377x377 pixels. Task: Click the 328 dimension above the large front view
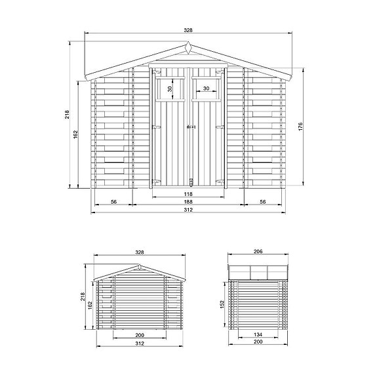[188, 31]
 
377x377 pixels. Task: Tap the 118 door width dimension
[188, 194]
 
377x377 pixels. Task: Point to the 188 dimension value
[188, 203]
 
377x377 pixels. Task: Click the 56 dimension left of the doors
[114, 203]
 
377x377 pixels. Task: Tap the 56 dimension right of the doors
[262, 203]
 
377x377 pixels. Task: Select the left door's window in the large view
[170, 89]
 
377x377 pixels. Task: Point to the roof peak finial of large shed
[188, 48]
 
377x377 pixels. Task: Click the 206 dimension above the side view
[258, 252]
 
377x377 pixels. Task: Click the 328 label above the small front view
[138, 252]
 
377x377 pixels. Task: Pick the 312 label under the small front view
[138, 343]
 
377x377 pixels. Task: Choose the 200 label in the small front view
[138, 334]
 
